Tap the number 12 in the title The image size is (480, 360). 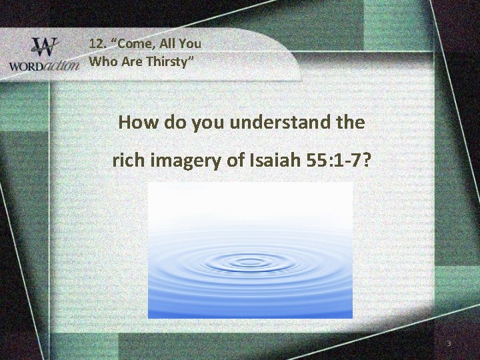(98, 44)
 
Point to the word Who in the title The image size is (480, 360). (102, 62)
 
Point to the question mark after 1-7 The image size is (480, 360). (367, 161)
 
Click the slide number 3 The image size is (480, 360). (449, 343)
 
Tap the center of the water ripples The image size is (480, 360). (249, 263)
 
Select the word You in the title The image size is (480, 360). (190, 44)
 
